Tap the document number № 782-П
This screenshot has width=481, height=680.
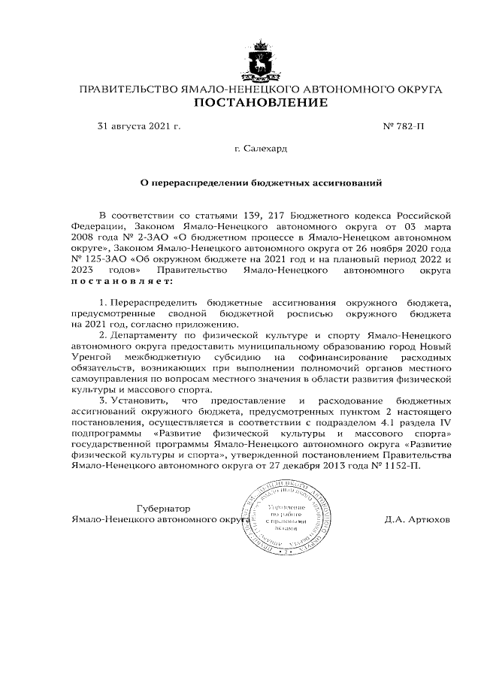pos(404,127)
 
